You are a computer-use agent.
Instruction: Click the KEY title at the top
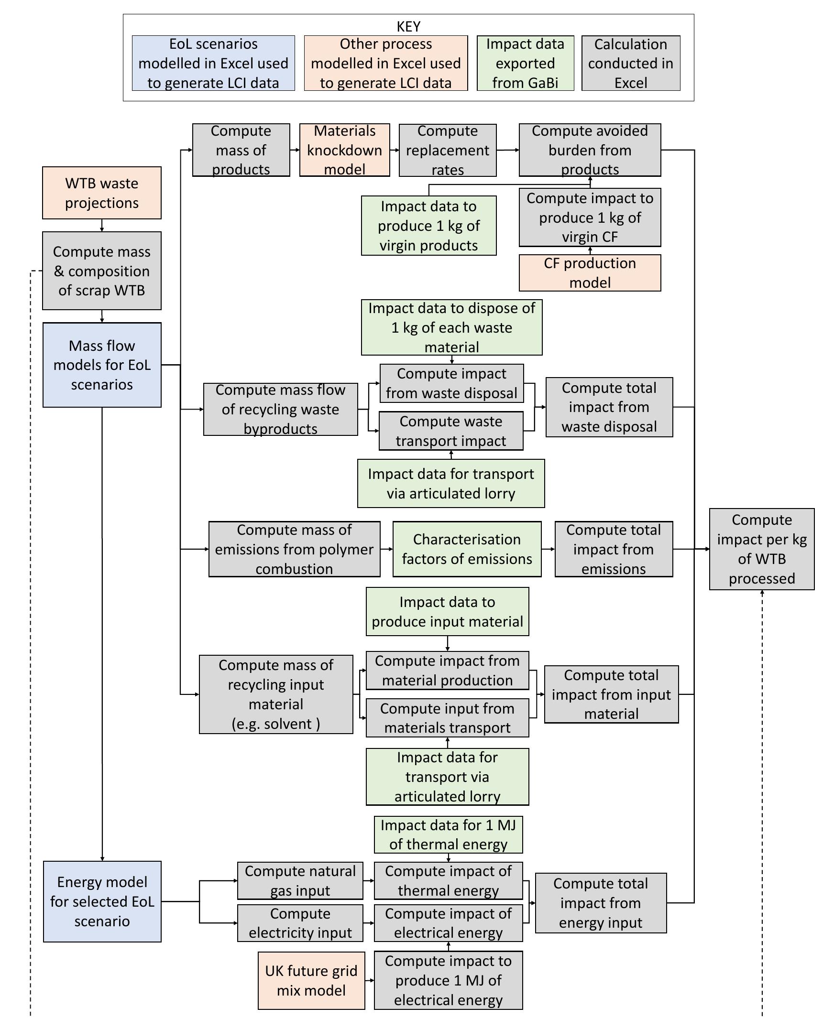(x=408, y=26)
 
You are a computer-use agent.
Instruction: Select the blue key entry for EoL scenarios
(x=213, y=63)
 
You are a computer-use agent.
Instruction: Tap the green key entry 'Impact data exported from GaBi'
(x=525, y=63)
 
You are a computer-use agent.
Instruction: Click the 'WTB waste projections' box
(x=102, y=193)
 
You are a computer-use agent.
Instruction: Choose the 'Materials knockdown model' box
(x=344, y=150)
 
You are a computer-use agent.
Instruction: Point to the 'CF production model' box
(x=590, y=273)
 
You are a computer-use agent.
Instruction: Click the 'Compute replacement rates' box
(x=447, y=150)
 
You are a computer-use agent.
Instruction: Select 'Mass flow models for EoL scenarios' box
(x=102, y=365)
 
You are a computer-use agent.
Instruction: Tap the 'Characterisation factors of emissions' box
(x=467, y=549)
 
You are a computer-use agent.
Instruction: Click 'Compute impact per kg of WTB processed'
(x=761, y=549)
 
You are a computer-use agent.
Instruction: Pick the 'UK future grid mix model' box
(x=311, y=980)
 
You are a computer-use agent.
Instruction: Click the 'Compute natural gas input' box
(x=300, y=880)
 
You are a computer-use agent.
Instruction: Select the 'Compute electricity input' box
(x=300, y=923)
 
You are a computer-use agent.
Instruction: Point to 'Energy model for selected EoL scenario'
(x=102, y=901)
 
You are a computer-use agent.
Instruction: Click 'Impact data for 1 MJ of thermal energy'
(x=448, y=834)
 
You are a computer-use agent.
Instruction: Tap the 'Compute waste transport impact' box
(x=451, y=431)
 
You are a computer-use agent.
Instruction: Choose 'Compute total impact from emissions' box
(x=614, y=549)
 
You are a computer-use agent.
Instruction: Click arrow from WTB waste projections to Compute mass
(x=102, y=226)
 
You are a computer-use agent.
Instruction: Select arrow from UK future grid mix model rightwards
(x=370, y=980)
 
